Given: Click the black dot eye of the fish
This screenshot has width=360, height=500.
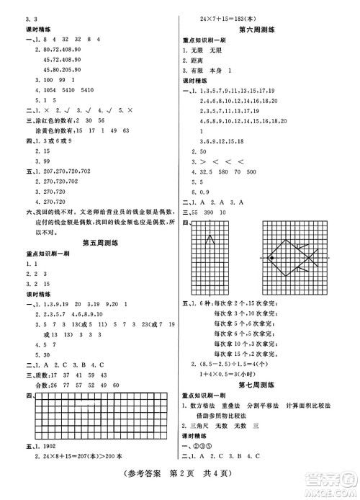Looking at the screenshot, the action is [x=272, y=256].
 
